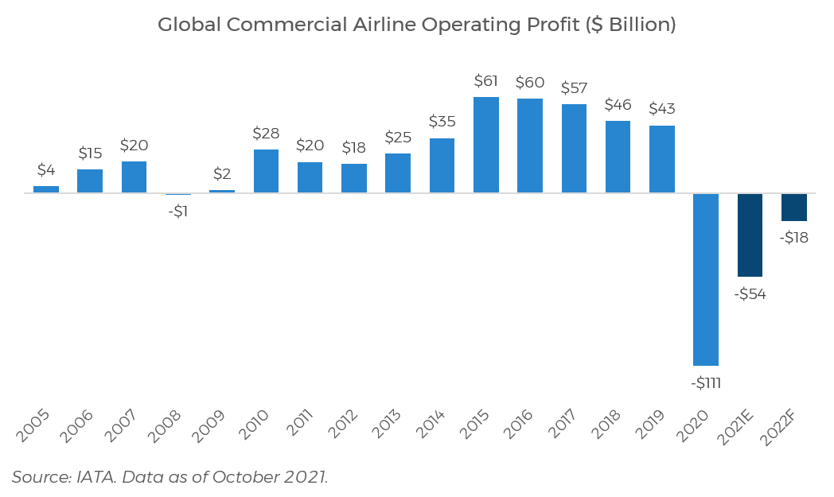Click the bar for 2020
click(706, 279)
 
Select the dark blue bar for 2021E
click(750, 235)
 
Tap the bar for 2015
click(485, 145)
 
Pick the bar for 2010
click(266, 171)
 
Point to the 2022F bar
click(794, 207)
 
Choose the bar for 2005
click(46, 189)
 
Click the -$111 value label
click(705, 382)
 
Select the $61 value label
click(485, 81)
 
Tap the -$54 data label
click(750, 294)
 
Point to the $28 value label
click(266, 134)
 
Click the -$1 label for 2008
click(178, 212)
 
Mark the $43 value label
click(661, 109)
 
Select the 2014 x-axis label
click(431, 428)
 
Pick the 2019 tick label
click(651, 428)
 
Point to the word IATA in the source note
click(95, 477)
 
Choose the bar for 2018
click(618, 157)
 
